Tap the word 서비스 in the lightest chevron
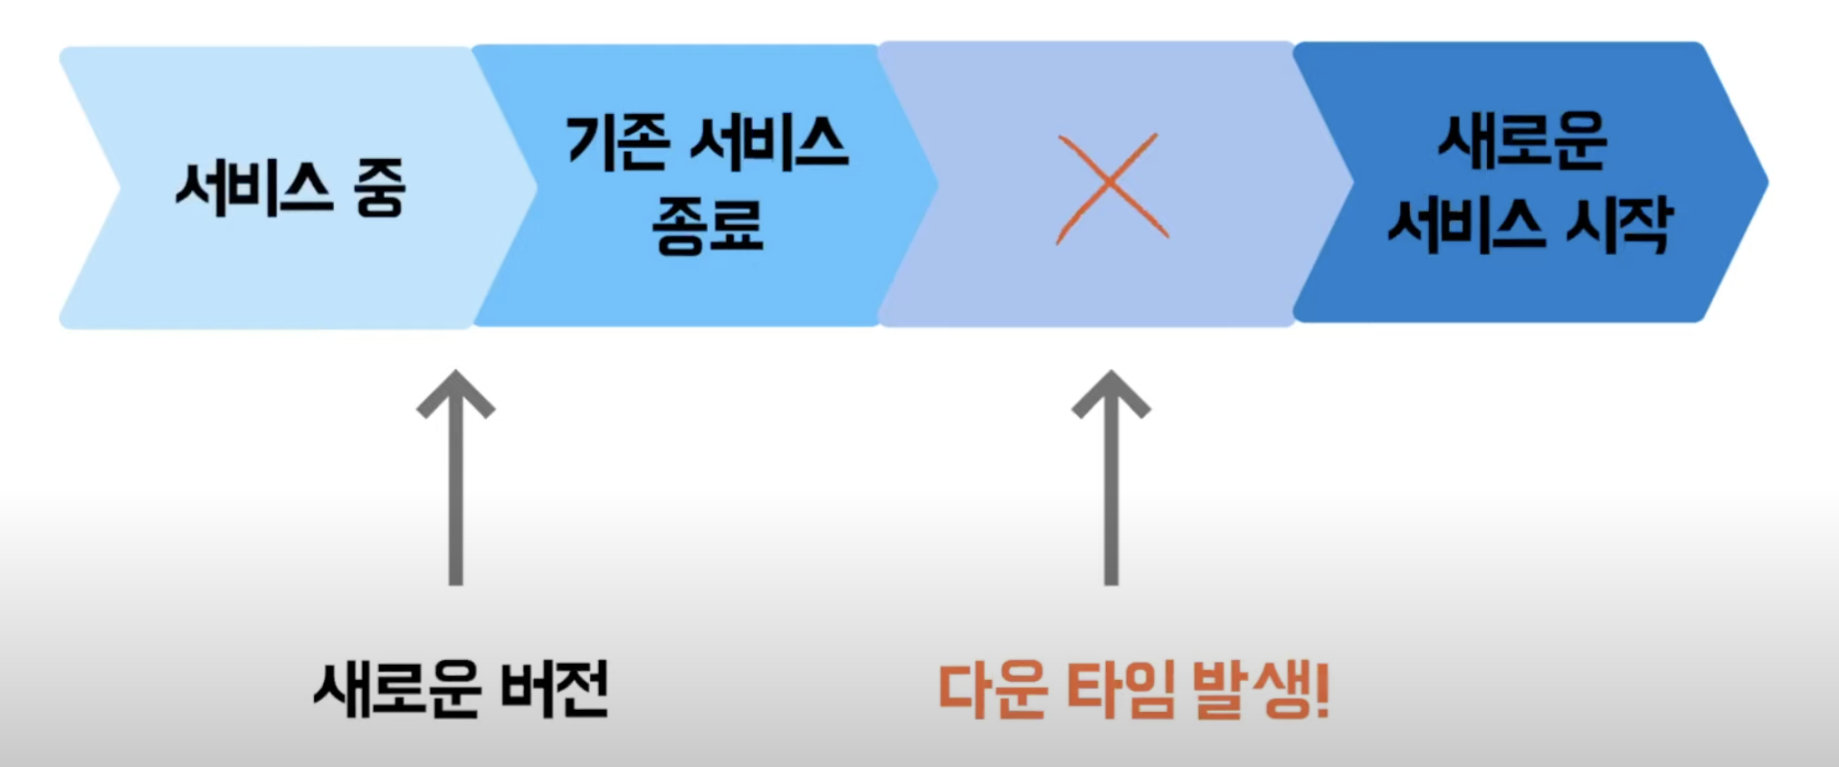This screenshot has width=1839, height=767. tap(253, 189)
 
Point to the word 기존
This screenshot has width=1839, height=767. tap(618, 142)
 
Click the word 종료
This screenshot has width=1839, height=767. tap(707, 225)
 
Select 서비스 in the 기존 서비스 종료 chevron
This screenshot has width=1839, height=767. tap(769, 142)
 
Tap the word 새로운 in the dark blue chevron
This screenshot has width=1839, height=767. tap(1522, 141)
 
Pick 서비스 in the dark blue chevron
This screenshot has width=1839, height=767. tap(1466, 224)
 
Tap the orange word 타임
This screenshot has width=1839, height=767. tap(1121, 689)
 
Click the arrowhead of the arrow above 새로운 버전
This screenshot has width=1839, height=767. tap(455, 393)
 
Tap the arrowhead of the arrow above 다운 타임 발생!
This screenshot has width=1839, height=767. tap(1110, 393)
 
